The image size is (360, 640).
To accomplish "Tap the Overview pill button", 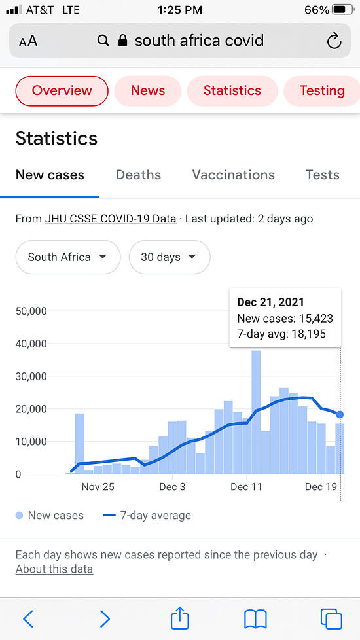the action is [62, 90].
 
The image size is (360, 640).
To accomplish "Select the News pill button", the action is [148, 90].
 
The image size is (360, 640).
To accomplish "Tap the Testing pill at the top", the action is [321, 90].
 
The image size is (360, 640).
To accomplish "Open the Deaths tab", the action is [138, 175].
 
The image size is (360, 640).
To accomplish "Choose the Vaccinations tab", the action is [234, 175].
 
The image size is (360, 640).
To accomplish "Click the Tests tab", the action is [323, 175].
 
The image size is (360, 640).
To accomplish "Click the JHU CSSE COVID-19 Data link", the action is [111, 219].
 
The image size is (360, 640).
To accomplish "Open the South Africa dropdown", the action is [68, 257].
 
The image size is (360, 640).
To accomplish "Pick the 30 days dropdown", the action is [170, 257].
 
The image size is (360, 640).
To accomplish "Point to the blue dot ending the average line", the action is [340, 414].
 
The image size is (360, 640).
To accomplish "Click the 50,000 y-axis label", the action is [31, 311].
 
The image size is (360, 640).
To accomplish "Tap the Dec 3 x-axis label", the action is [173, 487].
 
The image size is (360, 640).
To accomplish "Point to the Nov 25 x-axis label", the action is [98, 487].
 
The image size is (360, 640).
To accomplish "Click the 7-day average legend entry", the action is [147, 516].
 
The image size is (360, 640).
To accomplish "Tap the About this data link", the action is [54, 569].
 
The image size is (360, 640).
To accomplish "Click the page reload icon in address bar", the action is [334, 41].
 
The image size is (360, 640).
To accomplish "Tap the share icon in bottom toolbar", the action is [179, 618].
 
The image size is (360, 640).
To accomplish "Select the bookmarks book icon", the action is [255, 619].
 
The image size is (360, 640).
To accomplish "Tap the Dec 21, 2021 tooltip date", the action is [270, 302].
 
